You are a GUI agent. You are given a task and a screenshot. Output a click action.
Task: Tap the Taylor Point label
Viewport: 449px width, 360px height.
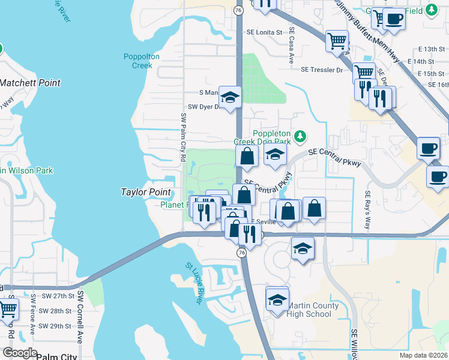click(146, 193)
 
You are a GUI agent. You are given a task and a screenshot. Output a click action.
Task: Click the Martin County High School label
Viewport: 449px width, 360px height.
click(309, 310)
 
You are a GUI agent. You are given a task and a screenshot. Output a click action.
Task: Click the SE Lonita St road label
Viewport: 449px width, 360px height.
click(264, 32)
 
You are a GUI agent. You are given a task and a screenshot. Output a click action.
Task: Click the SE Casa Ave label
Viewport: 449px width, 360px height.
click(292, 46)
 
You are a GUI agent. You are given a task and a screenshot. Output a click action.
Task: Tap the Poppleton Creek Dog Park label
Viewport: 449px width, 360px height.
click(271, 137)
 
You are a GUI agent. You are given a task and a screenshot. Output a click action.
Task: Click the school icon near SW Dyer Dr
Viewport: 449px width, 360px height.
click(229, 98)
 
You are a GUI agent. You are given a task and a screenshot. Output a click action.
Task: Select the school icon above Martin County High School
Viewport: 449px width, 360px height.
click(277, 299)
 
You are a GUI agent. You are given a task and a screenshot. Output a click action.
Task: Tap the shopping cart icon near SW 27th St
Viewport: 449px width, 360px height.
click(7, 310)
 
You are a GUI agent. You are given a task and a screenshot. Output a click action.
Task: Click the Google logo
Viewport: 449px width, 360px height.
click(20, 353)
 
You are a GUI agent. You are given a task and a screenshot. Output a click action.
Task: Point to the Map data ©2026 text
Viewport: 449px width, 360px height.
click(423, 355)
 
